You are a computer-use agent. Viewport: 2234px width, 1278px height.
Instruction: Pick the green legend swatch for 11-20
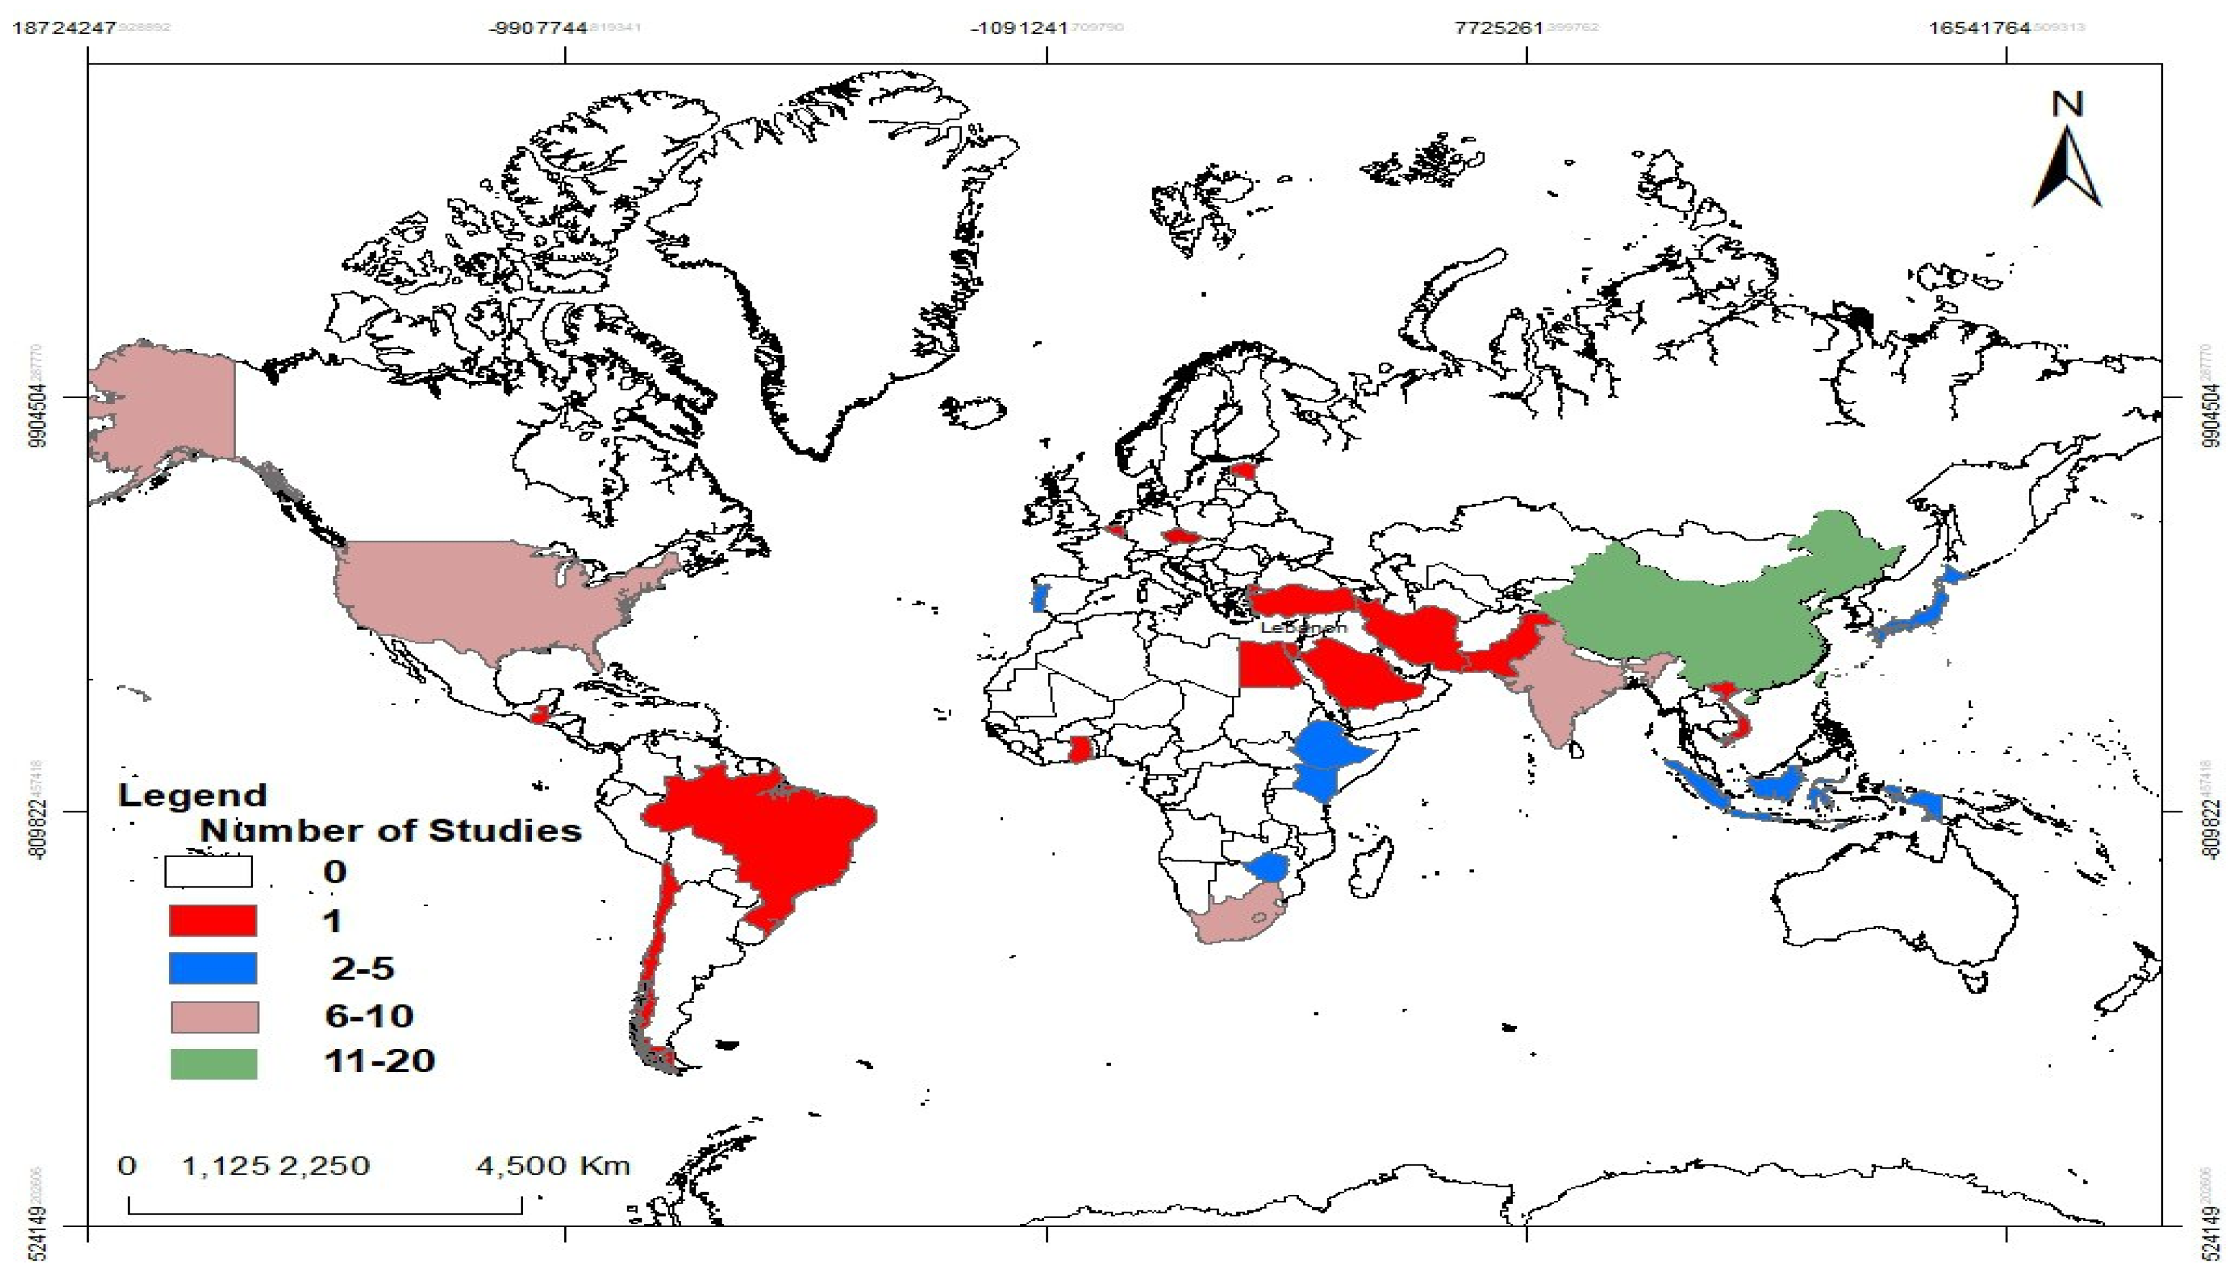(213, 1063)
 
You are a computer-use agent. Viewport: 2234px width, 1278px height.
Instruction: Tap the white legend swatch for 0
(209, 871)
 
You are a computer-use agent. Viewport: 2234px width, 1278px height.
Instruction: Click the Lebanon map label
(1302, 629)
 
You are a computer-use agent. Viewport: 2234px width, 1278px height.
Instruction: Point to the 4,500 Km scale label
(553, 1166)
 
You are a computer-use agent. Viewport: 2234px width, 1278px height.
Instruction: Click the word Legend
(192, 795)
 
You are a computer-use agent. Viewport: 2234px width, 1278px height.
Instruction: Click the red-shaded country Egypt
(1263, 667)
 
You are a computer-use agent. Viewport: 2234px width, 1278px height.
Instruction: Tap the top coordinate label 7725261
(1499, 28)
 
